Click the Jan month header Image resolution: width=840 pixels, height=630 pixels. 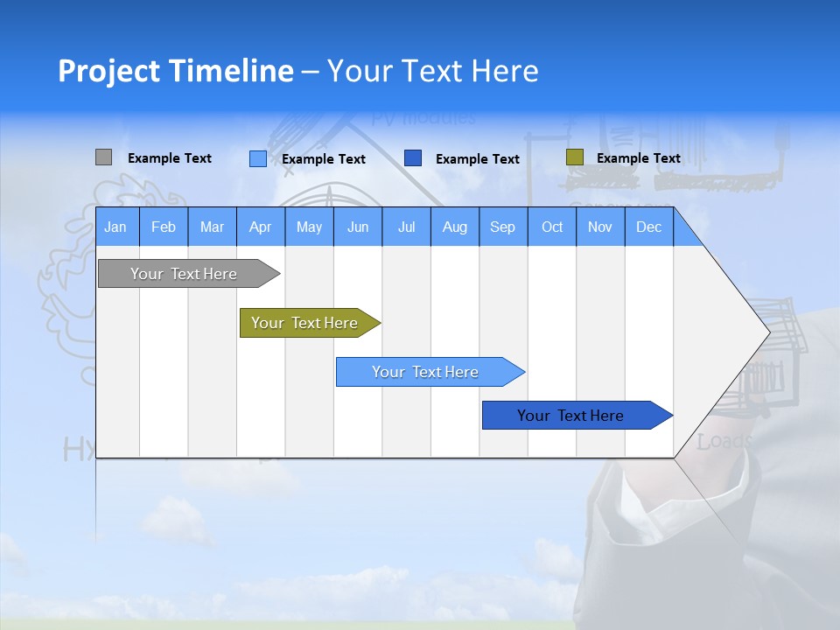(x=115, y=227)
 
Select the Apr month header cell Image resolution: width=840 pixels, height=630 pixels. (x=261, y=227)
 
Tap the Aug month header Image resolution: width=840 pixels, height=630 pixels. (x=454, y=227)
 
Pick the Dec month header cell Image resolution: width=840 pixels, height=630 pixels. (x=648, y=227)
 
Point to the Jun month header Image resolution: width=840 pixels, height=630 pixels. (x=358, y=227)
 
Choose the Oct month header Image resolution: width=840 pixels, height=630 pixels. (x=552, y=227)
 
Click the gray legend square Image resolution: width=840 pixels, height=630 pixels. (x=103, y=157)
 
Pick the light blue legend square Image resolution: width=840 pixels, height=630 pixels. (x=257, y=158)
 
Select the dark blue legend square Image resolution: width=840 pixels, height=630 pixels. (x=413, y=158)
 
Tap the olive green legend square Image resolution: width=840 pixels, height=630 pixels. (x=574, y=157)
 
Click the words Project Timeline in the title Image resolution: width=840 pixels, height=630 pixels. (x=176, y=71)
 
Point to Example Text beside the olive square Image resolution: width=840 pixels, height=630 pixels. (x=638, y=158)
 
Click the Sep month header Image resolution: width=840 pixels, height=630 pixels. (x=502, y=227)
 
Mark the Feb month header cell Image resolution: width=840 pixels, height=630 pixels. (x=164, y=227)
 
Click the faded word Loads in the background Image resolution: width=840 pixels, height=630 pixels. (x=724, y=442)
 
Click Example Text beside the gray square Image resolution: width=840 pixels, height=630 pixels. (x=169, y=158)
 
